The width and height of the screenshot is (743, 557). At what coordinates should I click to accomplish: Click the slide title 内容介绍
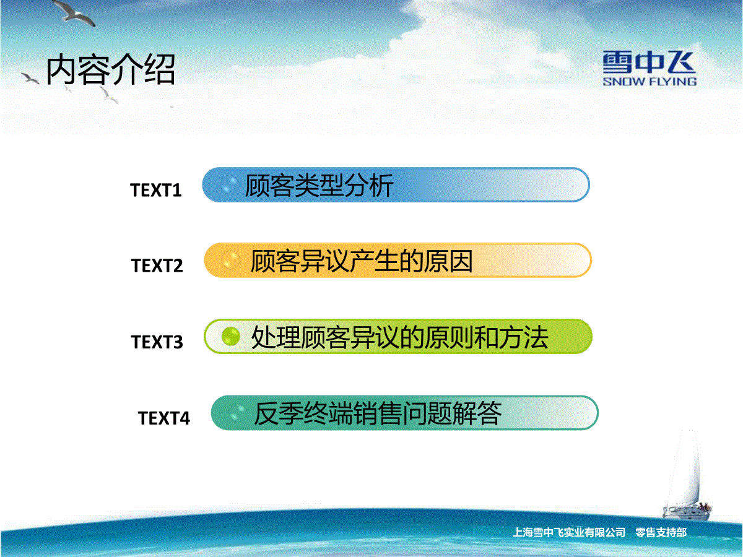pyautogui.click(x=111, y=70)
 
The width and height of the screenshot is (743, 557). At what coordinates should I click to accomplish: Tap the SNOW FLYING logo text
pyautogui.click(x=650, y=82)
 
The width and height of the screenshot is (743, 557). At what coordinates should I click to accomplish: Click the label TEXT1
pyautogui.click(x=155, y=190)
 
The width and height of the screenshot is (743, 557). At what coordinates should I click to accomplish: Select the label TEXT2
pyautogui.click(x=157, y=266)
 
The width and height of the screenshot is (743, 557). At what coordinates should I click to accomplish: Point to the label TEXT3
pyautogui.click(x=157, y=342)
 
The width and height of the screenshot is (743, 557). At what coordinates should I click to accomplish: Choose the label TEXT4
pyautogui.click(x=164, y=418)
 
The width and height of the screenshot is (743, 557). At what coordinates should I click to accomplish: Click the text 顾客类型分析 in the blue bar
pyautogui.click(x=319, y=185)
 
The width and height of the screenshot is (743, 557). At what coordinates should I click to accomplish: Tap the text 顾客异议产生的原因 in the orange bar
pyautogui.click(x=362, y=261)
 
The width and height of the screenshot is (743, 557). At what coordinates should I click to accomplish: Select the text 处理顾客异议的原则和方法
pyautogui.click(x=400, y=337)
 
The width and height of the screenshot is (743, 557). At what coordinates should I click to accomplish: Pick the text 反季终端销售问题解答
pyautogui.click(x=378, y=413)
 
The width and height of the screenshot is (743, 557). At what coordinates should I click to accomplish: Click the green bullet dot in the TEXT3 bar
pyautogui.click(x=230, y=337)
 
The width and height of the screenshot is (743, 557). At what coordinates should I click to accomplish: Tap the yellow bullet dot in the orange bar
pyautogui.click(x=230, y=260)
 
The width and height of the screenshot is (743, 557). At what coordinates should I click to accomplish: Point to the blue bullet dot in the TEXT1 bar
pyautogui.click(x=229, y=184)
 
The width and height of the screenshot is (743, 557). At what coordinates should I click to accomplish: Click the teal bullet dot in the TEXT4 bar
pyautogui.click(x=237, y=413)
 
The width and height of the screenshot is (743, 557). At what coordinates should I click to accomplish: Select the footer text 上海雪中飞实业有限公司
pyautogui.click(x=568, y=533)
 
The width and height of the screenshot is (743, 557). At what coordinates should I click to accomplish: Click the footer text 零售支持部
pyautogui.click(x=661, y=533)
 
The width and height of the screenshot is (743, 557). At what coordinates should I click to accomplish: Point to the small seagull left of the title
pyautogui.click(x=30, y=79)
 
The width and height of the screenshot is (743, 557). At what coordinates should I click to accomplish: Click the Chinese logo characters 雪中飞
pyautogui.click(x=650, y=63)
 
